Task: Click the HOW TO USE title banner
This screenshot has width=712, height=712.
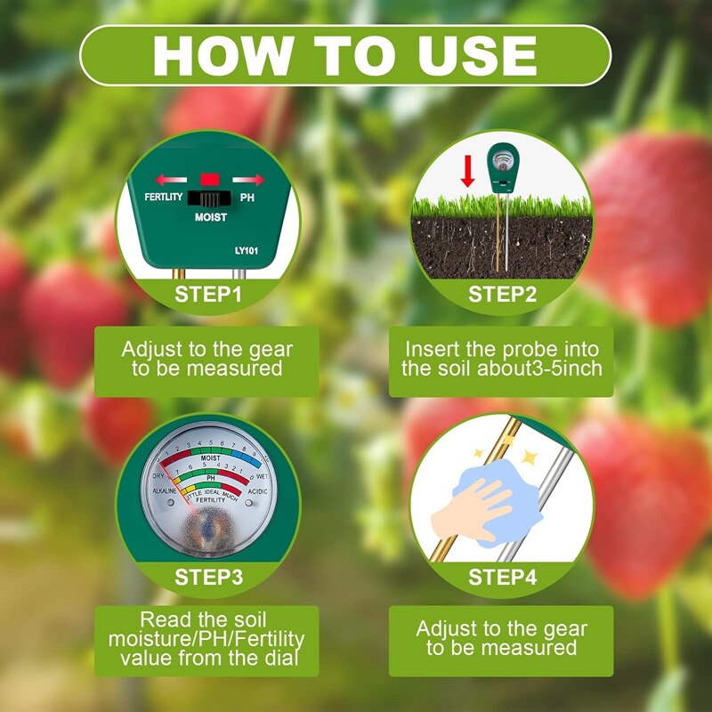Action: (x=345, y=54)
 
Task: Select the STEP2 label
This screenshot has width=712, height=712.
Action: (x=502, y=294)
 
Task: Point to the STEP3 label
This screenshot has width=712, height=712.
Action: (x=208, y=577)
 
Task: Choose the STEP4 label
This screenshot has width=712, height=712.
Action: (x=502, y=577)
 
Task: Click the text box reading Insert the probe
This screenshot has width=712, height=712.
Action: (x=501, y=360)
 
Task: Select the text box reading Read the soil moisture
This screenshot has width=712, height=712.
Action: (x=206, y=640)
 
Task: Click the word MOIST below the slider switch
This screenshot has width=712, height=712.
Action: (x=211, y=217)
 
